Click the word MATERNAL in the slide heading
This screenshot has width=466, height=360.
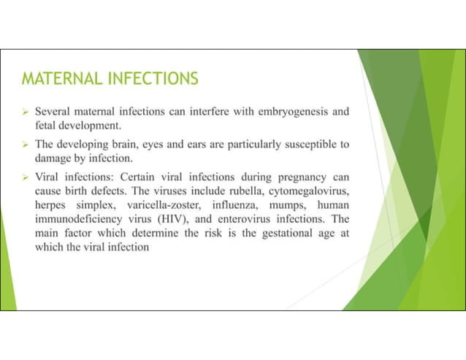[57, 78]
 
